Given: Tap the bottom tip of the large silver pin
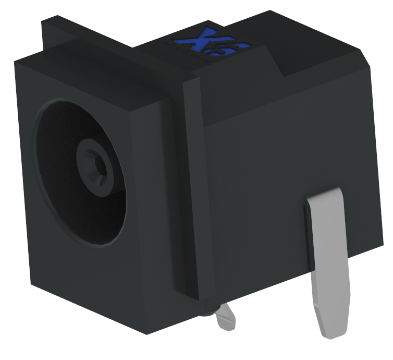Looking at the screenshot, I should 330,334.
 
